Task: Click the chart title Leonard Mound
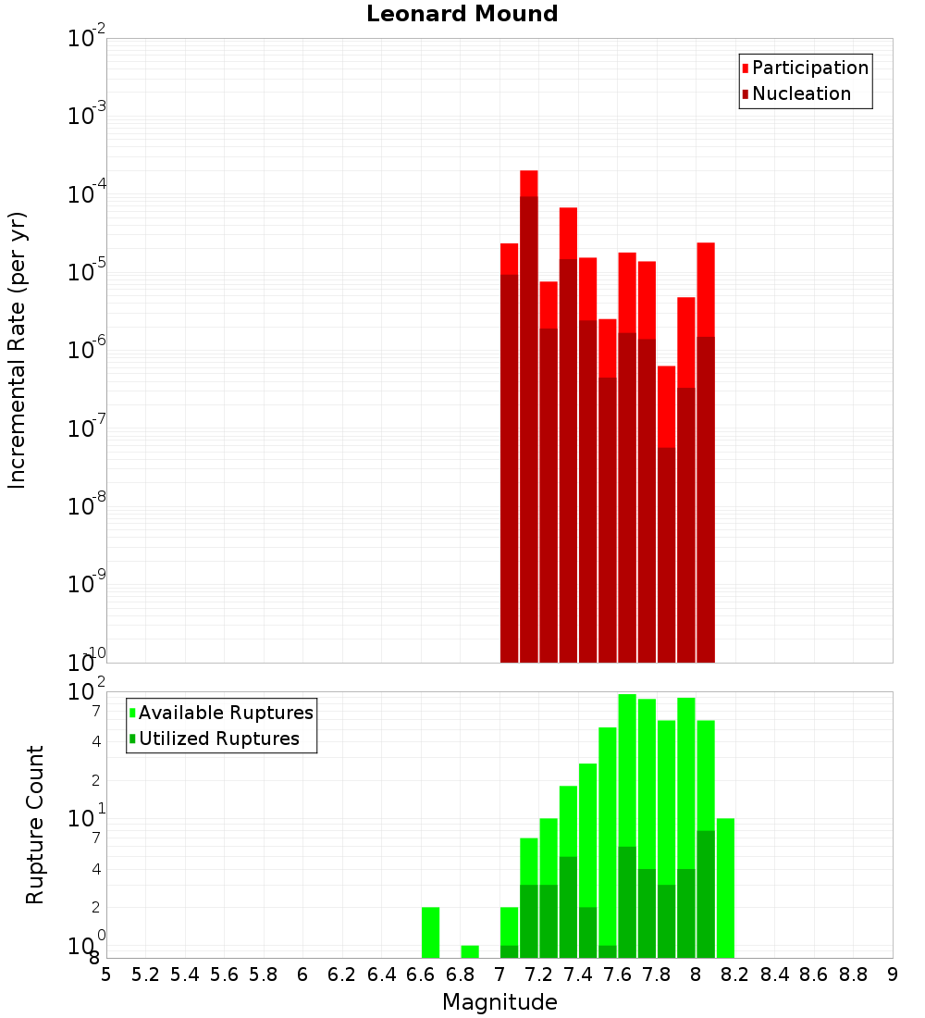(x=462, y=15)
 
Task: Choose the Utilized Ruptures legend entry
(x=218, y=739)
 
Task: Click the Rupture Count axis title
(x=35, y=825)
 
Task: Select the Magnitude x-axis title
(x=499, y=1001)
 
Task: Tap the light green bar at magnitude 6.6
(x=430, y=932)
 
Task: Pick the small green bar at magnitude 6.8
(x=470, y=951)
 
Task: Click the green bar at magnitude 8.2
(x=725, y=887)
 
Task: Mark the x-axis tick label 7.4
(x=578, y=975)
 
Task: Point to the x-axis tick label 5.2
(x=145, y=975)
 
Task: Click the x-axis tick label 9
(x=893, y=975)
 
